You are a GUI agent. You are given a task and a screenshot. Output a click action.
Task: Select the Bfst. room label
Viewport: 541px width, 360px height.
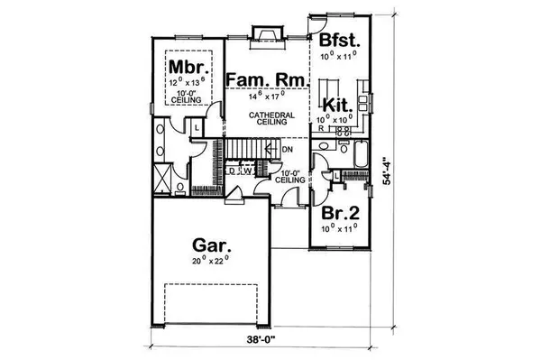[339, 41]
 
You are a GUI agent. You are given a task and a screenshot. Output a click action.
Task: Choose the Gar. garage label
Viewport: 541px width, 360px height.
[210, 245]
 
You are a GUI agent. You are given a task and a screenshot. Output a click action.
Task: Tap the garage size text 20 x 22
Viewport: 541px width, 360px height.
[210, 262]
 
